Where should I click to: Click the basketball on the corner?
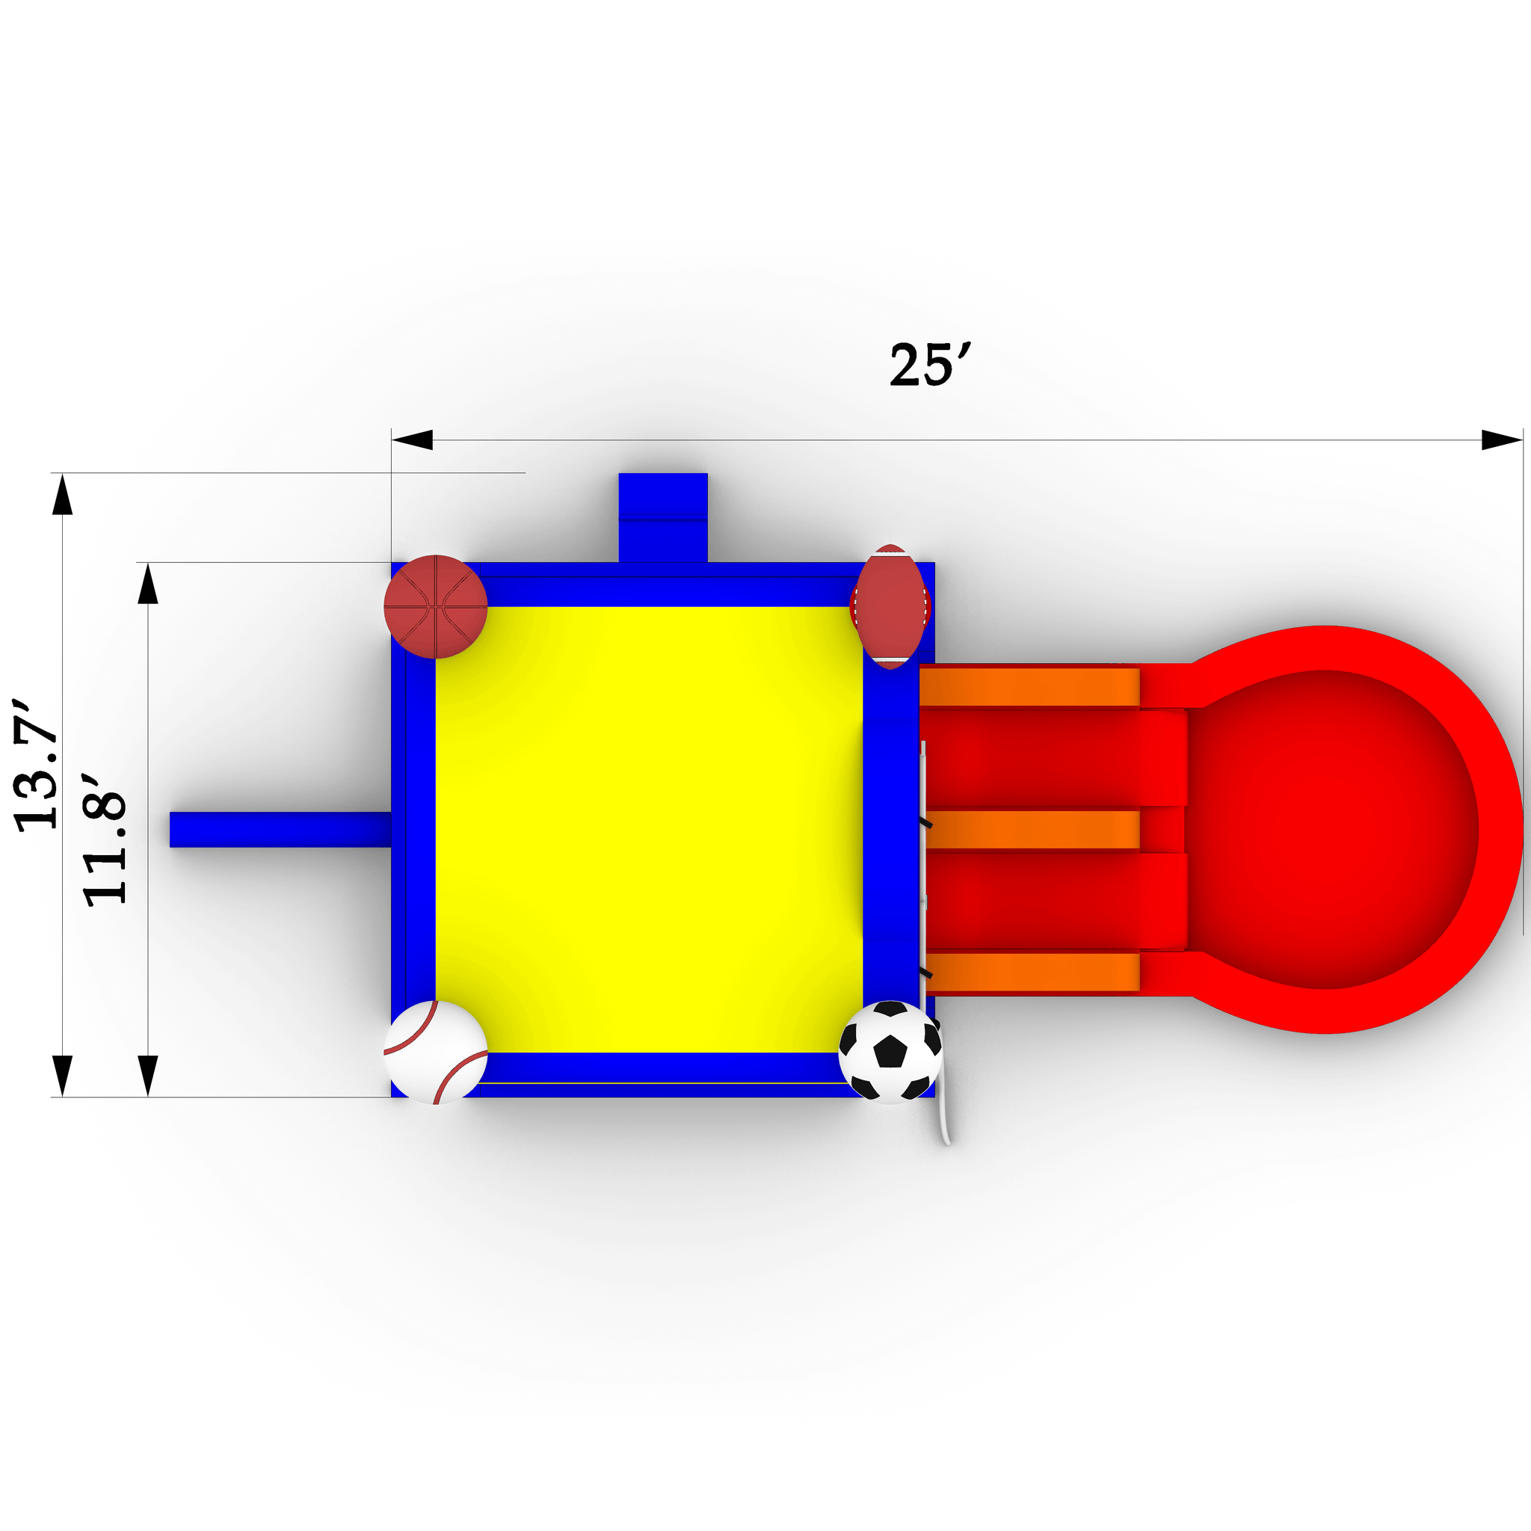[435, 606]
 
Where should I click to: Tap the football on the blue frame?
[890, 606]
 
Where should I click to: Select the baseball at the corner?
[435, 1053]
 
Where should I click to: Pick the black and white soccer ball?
[890, 1053]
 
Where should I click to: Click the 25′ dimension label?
[929, 366]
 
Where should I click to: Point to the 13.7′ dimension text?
[37, 765]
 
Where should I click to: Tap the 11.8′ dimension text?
[105, 848]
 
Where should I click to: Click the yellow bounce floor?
[649, 829]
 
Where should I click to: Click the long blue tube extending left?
[280, 829]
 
